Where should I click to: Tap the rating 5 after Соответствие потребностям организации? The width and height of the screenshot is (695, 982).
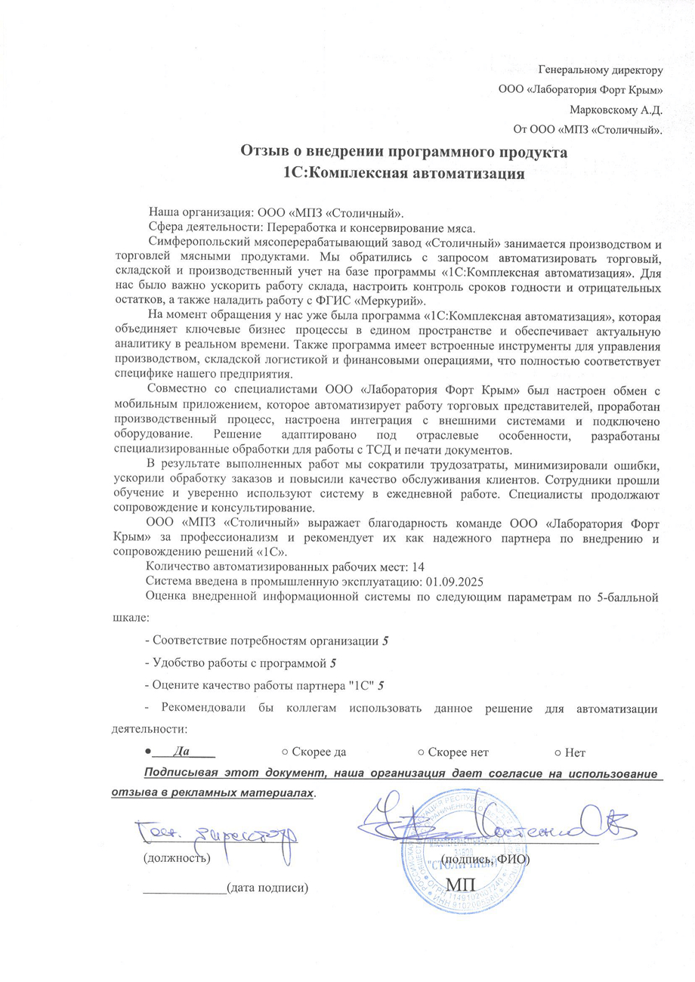[386, 641]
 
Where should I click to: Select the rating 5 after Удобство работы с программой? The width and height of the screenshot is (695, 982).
[334, 663]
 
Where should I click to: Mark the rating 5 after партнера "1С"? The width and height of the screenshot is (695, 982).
[381, 685]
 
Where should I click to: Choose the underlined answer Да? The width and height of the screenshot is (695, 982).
[181, 752]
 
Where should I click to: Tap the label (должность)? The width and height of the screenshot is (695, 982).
[177, 858]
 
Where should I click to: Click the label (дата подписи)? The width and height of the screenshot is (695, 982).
[268, 888]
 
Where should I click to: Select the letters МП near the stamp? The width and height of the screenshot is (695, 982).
[462, 885]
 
